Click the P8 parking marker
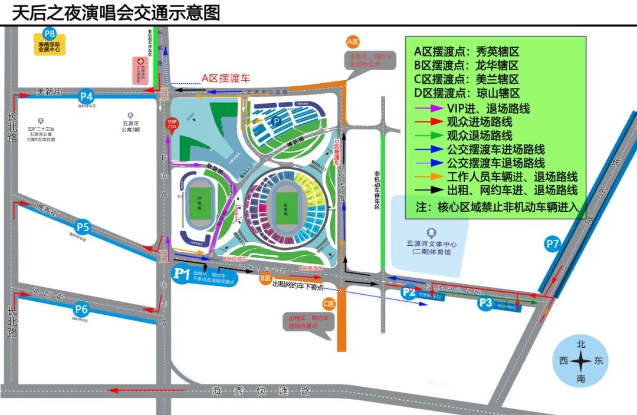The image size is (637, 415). pos(50,34)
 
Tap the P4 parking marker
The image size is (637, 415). pos(87,96)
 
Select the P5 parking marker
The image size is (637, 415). pos(83,227)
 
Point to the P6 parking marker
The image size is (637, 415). pos(81,308)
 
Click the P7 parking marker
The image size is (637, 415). pos(553,243)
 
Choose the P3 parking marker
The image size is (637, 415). pos(485,303)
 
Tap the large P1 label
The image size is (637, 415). pos(182,274)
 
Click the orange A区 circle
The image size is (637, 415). pos(353,41)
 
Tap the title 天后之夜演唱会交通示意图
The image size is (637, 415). pos(116,12)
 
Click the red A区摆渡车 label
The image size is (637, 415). pos(226,78)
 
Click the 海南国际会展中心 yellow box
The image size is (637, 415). pos(50,47)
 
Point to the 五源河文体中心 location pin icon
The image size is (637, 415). pos(432,232)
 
